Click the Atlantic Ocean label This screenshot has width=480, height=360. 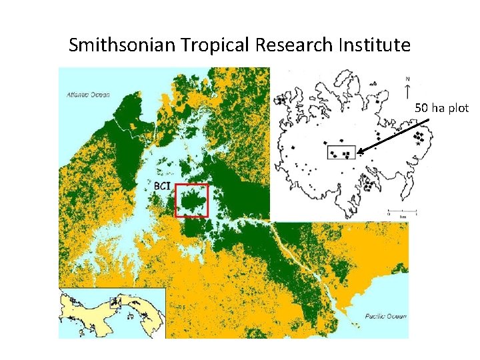[x=88, y=95]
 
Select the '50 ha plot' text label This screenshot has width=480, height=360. [x=442, y=107]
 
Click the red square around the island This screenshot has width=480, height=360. [x=191, y=201]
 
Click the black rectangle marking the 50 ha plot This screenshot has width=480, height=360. [x=341, y=151]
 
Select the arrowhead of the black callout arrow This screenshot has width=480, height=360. [x=359, y=153]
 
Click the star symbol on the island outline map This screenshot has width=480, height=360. [x=419, y=143]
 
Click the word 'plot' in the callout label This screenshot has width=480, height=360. [x=459, y=107]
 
